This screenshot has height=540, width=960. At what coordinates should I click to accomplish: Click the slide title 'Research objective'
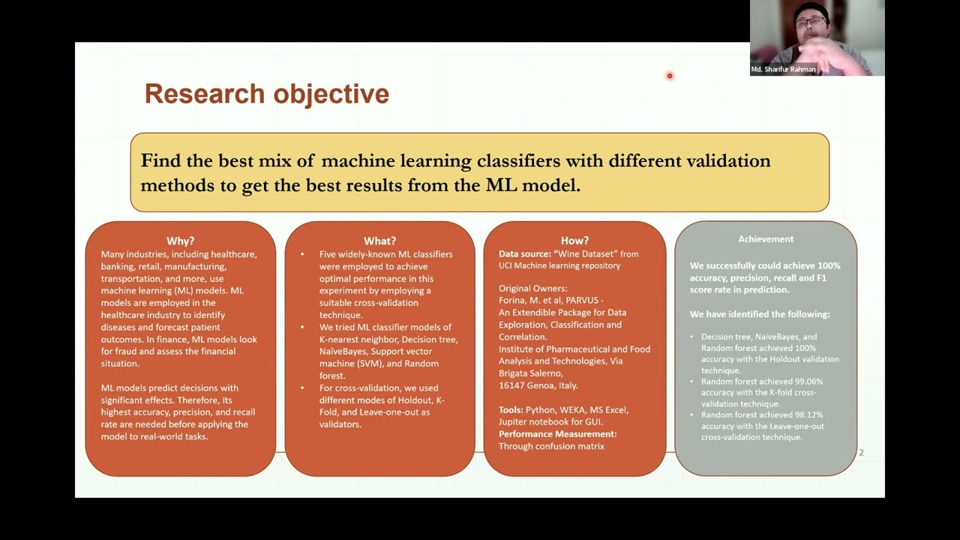tap(266, 94)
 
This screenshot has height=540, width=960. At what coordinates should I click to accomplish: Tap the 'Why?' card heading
tap(180, 241)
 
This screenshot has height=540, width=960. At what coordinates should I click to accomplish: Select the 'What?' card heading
tap(379, 241)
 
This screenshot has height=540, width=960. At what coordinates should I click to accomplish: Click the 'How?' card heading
tap(574, 241)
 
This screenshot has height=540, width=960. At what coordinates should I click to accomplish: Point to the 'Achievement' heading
tap(766, 238)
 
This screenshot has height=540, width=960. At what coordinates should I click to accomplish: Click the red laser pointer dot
tap(670, 76)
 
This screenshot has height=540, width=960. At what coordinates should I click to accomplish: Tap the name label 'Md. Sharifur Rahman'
tap(783, 70)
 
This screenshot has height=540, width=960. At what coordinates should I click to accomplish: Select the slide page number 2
tap(861, 452)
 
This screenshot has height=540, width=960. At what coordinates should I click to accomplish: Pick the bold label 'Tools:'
tap(511, 410)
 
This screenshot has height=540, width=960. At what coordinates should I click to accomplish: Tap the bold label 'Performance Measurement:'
tap(557, 434)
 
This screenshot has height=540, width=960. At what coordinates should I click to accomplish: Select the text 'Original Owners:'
tap(533, 288)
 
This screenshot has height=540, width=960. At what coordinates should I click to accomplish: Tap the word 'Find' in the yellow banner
tap(160, 160)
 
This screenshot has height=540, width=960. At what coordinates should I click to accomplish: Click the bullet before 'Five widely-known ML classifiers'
tap(302, 254)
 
